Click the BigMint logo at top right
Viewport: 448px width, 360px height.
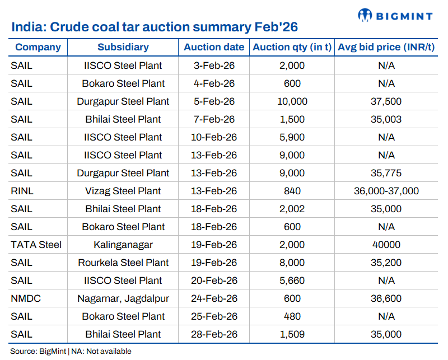point(395,15)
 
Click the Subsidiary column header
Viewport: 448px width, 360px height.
point(123,48)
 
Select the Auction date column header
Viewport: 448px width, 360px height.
point(214,48)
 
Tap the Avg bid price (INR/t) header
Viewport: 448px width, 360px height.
point(386,48)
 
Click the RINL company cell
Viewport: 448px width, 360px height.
point(22,191)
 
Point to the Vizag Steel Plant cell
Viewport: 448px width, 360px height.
point(123,191)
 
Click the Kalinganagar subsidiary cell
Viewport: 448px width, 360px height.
point(123,245)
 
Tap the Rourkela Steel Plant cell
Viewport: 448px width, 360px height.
point(123,263)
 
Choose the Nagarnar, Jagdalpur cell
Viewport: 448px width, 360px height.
point(123,298)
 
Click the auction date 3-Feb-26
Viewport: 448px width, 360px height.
point(214,66)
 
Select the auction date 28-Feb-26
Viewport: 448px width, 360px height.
point(214,334)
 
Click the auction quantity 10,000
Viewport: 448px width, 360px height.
point(292,101)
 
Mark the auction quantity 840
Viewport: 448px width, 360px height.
point(292,191)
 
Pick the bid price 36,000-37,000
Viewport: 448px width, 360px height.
point(386,191)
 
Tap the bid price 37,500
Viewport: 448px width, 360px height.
point(386,101)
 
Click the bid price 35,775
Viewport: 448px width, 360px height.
point(386,173)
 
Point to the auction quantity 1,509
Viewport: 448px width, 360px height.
point(292,334)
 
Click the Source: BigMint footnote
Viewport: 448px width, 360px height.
point(71,352)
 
